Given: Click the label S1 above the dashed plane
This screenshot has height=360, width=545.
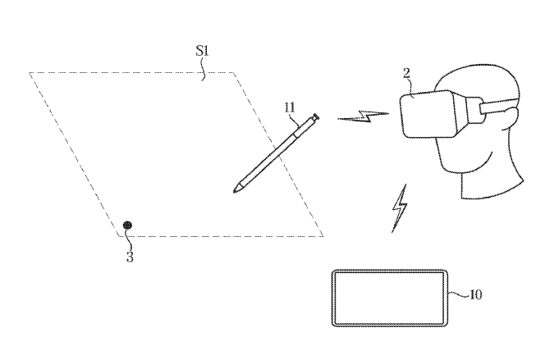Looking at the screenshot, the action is [202, 51].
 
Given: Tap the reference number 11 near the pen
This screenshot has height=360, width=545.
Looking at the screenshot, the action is [290, 107].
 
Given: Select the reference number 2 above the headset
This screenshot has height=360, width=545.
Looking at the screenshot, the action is [406, 73].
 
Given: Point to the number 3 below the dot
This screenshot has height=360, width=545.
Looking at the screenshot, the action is [130, 257].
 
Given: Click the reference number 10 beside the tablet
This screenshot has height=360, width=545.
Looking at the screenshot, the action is [475, 294].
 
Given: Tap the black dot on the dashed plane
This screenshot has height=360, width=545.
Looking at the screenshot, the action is [128, 226].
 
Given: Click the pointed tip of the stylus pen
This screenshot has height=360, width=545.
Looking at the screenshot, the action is [235, 191].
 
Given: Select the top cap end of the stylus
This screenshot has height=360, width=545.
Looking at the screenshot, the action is [316, 116].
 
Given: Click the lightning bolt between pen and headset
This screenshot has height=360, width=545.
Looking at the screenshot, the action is [363, 116].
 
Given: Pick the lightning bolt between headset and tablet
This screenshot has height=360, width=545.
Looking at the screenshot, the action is [400, 208].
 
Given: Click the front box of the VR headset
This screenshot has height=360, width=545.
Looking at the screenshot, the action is [428, 113].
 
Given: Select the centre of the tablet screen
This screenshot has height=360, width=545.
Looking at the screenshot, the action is [389, 298].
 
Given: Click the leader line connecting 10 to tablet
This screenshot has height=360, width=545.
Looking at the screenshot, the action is [458, 295].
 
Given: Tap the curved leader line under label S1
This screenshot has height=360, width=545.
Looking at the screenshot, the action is [204, 69].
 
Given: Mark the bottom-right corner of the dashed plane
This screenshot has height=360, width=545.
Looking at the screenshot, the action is [323, 236].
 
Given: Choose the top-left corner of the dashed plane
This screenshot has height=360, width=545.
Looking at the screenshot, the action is [30, 72].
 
